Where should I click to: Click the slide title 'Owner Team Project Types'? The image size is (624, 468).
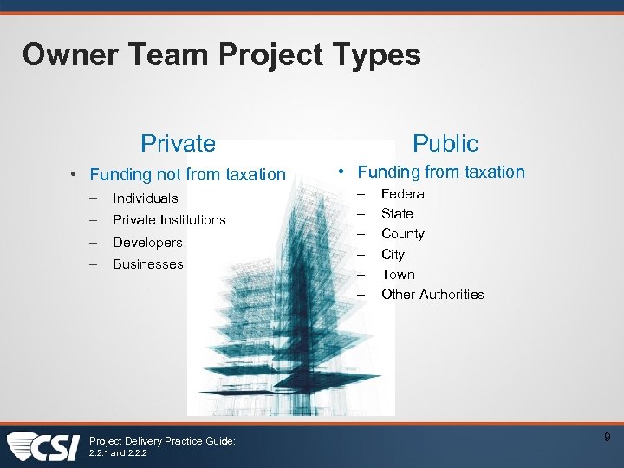(222, 55)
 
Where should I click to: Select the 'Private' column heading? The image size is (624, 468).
(178, 143)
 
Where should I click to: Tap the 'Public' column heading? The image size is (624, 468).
(445, 143)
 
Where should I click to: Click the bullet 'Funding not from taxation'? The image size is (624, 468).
(187, 174)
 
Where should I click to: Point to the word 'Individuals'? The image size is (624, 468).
(145, 198)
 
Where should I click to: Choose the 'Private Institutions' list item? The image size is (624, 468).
(169, 220)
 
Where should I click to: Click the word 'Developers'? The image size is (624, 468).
(147, 243)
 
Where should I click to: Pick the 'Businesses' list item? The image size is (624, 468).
(148, 264)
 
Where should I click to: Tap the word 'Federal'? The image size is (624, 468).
(404, 194)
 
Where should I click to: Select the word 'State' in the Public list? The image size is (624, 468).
(397, 214)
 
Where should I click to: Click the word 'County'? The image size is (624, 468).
(403, 234)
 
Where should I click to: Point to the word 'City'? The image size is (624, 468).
(393, 255)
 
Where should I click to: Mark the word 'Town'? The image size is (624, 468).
(398, 275)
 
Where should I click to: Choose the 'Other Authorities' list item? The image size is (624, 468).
(432, 295)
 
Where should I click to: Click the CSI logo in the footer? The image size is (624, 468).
(43, 446)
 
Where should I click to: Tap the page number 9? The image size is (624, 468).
(608, 439)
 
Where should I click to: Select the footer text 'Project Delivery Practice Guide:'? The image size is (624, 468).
(162, 441)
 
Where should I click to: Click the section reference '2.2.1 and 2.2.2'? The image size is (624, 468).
(118, 452)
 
